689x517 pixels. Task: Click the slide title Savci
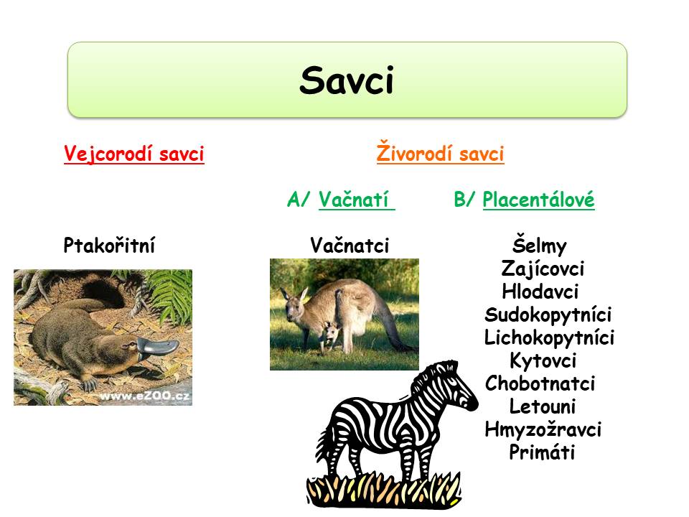(x=347, y=80)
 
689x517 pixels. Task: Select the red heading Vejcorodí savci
(x=134, y=154)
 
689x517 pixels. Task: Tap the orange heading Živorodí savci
(x=440, y=152)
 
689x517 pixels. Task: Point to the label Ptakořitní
(x=109, y=245)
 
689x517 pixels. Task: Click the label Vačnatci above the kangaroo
(x=350, y=245)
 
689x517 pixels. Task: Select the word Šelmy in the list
(x=540, y=245)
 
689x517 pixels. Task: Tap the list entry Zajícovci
(x=543, y=268)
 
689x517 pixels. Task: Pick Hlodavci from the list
(x=540, y=292)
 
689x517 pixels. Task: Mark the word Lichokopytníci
(x=549, y=337)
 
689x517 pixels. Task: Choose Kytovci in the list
(x=543, y=361)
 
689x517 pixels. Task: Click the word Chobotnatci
(x=540, y=383)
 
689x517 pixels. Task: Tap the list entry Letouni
(x=543, y=406)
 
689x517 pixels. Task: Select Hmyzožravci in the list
(x=543, y=429)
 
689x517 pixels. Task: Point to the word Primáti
(x=542, y=452)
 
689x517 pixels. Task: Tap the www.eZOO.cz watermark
(x=145, y=396)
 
